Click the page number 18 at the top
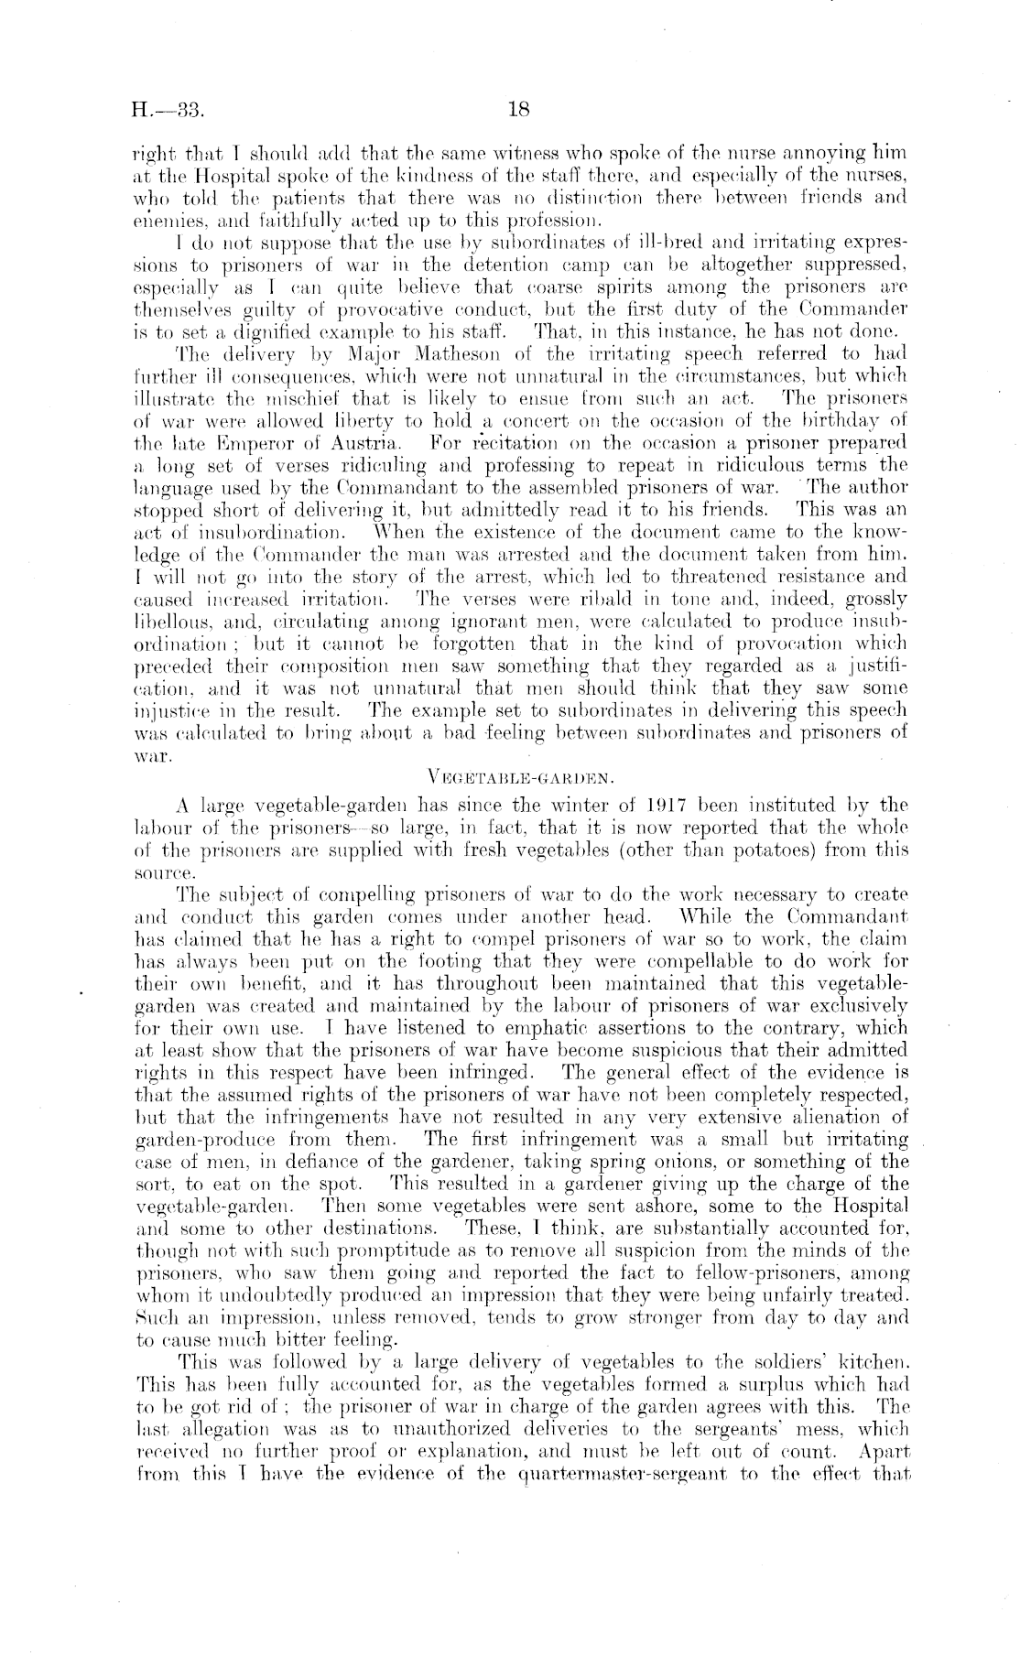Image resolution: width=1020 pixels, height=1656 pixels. [x=518, y=112]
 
